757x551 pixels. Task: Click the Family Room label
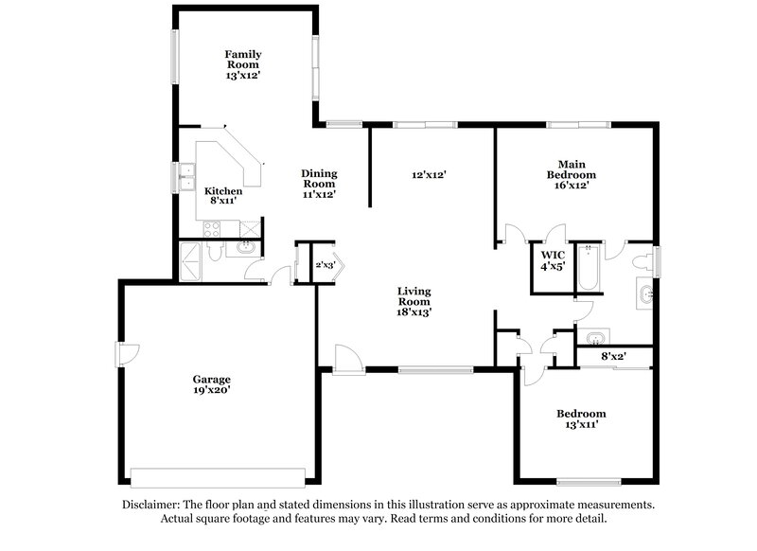pyautogui.click(x=242, y=64)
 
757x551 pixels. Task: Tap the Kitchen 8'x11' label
pyautogui.click(x=223, y=196)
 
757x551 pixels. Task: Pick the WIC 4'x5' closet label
pyautogui.click(x=553, y=261)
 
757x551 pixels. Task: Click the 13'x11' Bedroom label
pyautogui.click(x=581, y=419)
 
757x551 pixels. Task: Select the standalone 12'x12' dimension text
pyautogui.click(x=429, y=174)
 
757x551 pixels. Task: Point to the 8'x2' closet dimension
pyautogui.click(x=614, y=356)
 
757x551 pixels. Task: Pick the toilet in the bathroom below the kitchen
pyautogui.click(x=214, y=252)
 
